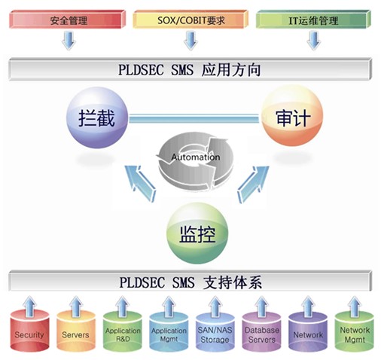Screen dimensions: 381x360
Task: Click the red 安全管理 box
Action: [x=67, y=20]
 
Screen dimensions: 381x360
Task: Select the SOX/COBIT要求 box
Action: [x=190, y=20]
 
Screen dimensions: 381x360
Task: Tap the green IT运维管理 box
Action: [x=313, y=20]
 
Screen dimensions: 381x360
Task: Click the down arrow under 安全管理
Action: [x=69, y=40]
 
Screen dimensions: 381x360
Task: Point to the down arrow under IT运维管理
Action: [x=313, y=40]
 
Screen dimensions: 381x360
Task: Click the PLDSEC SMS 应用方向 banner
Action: [x=190, y=69]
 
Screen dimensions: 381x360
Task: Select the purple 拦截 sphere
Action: [x=97, y=117]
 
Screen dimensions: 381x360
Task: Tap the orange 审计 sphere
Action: [x=292, y=116]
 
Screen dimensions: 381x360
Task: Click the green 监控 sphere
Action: [x=197, y=233]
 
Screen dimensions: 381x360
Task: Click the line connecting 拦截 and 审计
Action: [x=195, y=118]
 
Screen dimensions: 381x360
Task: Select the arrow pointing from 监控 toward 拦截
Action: [x=141, y=182]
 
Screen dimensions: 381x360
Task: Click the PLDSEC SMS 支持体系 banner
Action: [x=190, y=282]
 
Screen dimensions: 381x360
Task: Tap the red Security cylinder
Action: [x=29, y=331]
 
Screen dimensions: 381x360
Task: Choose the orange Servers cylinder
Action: [x=76, y=331]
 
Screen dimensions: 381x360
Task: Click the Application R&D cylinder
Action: [x=123, y=332]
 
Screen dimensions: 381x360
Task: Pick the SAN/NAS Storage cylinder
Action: [x=215, y=332]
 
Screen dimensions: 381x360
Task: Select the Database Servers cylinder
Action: [x=261, y=332]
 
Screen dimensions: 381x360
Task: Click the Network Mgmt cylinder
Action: [x=355, y=332]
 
